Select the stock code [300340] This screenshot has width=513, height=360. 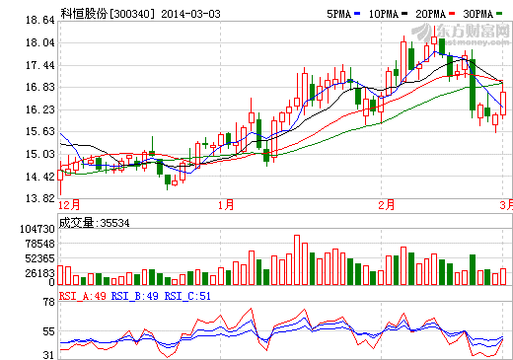[x=132, y=14]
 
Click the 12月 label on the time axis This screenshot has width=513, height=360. [x=69, y=204]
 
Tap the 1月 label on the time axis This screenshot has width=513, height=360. [x=226, y=204]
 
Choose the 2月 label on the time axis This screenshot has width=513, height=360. [x=386, y=204]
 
